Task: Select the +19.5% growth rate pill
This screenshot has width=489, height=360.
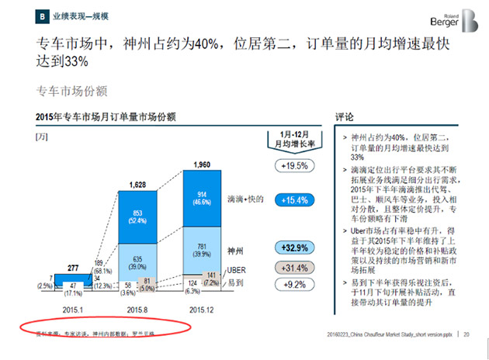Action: tap(290, 165)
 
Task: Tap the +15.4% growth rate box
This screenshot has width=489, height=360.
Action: tap(290, 200)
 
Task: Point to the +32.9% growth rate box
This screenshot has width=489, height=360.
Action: tap(290, 247)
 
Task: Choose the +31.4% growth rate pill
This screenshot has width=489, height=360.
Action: tap(290, 268)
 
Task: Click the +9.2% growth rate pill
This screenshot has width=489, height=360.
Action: tap(290, 285)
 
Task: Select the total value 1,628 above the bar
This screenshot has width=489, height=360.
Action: tap(137, 185)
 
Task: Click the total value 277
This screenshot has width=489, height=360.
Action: tap(74, 267)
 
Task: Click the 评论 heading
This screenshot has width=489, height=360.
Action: tap(344, 116)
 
